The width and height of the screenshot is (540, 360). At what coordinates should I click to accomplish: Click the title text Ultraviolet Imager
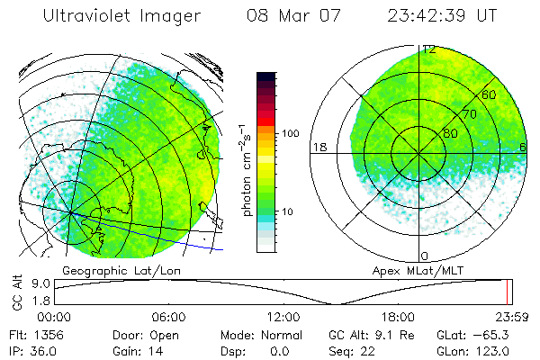tap(113, 15)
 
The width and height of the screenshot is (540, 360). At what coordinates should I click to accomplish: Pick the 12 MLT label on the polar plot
tap(429, 50)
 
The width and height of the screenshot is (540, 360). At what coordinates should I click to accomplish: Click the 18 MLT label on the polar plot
tap(319, 147)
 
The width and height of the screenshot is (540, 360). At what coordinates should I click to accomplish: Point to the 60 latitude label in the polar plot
tap(490, 94)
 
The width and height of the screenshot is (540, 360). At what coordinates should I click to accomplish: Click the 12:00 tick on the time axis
tap(283, 317)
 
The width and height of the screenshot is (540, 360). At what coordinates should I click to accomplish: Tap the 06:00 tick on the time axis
tap(168, 317)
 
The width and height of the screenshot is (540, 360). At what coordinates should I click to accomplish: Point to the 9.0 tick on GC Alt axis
tap(38, 283)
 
